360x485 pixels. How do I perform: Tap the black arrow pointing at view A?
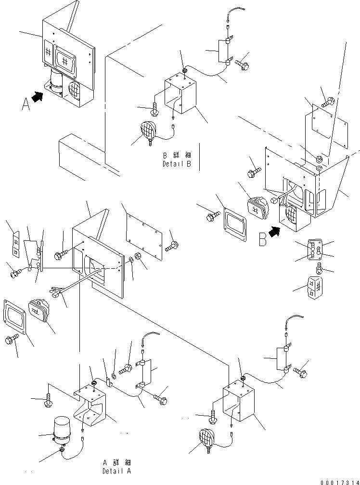click(38, 97)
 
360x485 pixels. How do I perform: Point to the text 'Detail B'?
click(176, 164)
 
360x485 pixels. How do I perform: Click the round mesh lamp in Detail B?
click(150, 131)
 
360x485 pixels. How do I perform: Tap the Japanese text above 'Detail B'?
click(176, 156)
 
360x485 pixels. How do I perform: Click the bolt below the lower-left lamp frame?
click(10, 341)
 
